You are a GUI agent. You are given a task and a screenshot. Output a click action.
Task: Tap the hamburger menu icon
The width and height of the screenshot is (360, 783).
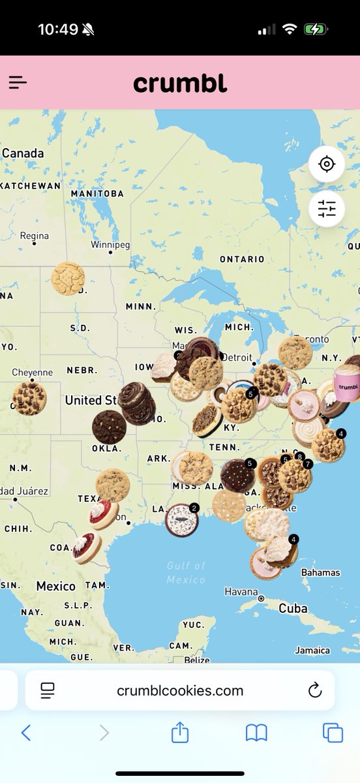tap(18, 82)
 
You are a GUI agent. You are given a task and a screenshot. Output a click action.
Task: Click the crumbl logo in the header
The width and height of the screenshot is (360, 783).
tap(180, 83)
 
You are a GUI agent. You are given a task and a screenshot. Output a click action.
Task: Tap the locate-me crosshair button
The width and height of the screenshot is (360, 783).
tap(327, 164)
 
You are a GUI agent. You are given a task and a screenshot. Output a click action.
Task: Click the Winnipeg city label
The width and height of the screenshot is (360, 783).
tap(110, 245)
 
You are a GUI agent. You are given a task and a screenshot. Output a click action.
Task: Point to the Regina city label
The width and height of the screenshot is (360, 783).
tap(34, 236)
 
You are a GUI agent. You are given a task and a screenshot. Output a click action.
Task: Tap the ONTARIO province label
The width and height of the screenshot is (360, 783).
tap(242, 259)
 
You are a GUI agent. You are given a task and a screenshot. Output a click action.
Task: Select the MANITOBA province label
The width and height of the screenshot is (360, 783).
tap(97, 194)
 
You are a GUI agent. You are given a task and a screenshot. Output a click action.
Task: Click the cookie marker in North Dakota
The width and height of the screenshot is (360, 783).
tap(68, 279)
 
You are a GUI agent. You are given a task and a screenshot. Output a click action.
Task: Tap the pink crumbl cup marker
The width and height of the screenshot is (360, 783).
tap(347, 385)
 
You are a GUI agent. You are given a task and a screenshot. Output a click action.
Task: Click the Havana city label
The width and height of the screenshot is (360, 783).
tap(241, 592)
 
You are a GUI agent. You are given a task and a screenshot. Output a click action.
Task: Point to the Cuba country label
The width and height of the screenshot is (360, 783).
tap(293, 608)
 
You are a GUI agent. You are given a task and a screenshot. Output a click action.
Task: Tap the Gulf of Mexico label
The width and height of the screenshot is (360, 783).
tap(186, 572)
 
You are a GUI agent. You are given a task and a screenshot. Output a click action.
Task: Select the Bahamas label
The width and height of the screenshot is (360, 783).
tap(320, 572)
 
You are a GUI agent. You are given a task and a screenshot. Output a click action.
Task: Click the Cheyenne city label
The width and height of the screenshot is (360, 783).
tap(33, 373)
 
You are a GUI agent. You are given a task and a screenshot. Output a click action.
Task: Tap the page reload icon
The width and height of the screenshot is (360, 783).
tap(315, 690)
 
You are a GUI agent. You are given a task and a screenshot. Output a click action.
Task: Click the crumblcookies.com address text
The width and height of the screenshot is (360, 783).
tap(180, 690)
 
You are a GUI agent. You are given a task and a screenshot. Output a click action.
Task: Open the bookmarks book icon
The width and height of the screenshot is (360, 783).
tap(256, 733)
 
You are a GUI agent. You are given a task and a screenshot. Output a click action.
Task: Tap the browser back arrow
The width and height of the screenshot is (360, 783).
tap(26, 733)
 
